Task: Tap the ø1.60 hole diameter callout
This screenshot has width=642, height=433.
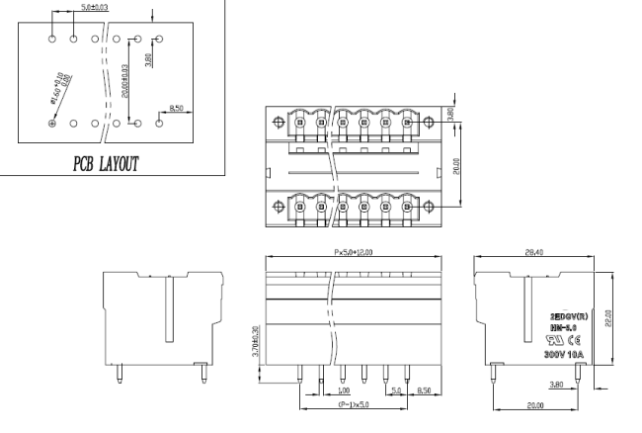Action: click(x=63, y=83)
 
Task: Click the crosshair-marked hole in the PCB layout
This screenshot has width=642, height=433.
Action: click(x=52, y=123)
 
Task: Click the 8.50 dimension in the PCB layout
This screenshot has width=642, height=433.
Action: click(x=177, y=108)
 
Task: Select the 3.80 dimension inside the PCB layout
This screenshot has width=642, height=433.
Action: click(x=148, y=60)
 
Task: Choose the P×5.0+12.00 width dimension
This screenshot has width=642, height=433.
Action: click(x=361, y=252)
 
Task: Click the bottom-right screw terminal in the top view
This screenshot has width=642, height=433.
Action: click(x=407, y=208)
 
